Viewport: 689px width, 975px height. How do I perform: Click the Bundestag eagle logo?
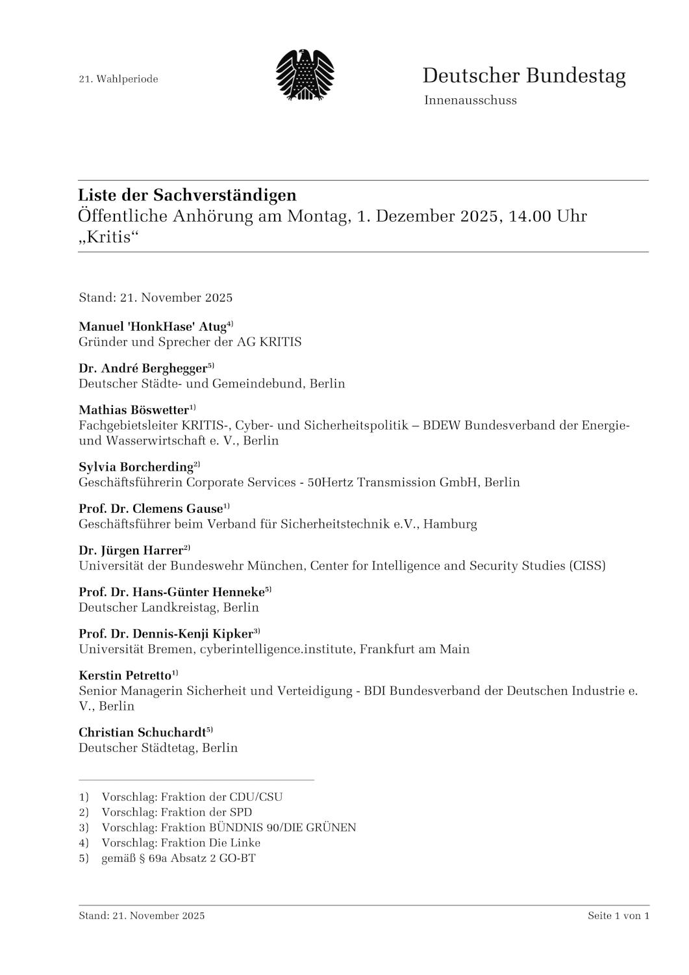(305, 75)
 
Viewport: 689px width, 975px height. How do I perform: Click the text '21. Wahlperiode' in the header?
(118, 79)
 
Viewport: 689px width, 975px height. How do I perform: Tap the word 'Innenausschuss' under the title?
(470, 100)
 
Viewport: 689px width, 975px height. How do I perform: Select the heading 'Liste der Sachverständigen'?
(187, 195)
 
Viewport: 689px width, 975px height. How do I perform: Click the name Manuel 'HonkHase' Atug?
(152, 326)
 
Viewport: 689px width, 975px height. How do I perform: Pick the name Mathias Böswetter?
(134, 410)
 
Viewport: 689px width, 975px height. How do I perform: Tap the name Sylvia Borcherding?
(136, 467)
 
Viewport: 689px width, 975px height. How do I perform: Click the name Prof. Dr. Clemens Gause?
(151, 508)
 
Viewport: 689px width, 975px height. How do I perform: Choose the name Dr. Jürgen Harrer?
(131, 551)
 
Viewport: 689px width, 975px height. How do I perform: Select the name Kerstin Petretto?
(125, 676)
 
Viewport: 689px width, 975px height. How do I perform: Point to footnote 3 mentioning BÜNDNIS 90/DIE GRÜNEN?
(229, 827)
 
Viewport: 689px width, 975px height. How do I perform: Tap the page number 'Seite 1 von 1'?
(618, 916)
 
